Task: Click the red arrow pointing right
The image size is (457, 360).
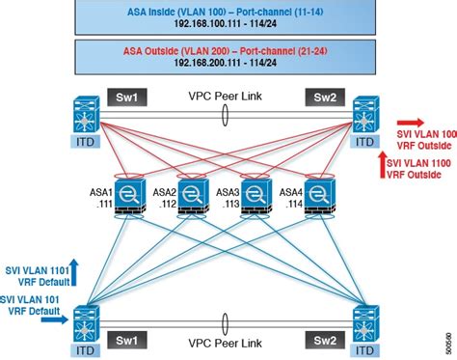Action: [x=412, y=125]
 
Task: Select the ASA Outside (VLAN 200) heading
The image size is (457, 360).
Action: [x=228, y=50]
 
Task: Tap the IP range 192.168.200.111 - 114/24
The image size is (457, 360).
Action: [x=228, y=63]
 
